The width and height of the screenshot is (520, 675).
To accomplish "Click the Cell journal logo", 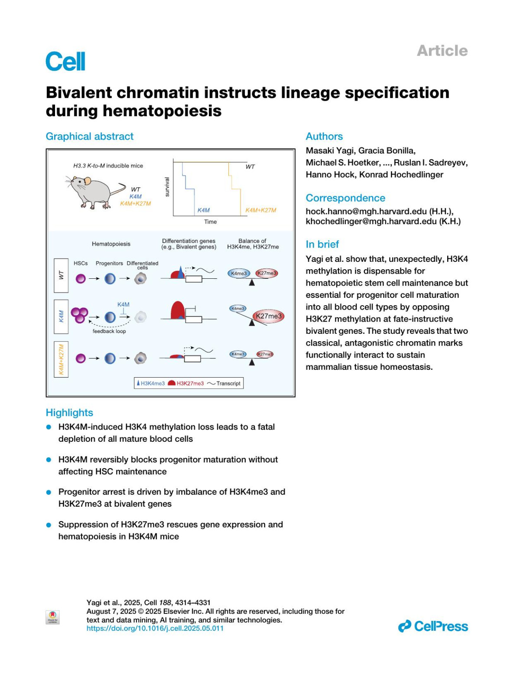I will click(65, 61).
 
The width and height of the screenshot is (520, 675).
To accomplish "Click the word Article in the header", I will click(442, 51).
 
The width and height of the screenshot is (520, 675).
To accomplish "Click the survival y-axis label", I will click(167, 187).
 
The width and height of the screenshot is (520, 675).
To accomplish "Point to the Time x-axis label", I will click(210, 222).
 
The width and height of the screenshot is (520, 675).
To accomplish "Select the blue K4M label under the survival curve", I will click(203, 210).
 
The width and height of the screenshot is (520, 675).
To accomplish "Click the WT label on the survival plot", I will click(250, 166).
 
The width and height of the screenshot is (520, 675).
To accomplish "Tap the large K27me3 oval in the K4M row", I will click(269, 316).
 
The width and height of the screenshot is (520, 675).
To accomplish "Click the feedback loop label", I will click(109, 331).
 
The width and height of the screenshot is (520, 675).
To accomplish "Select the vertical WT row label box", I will click(61, 274).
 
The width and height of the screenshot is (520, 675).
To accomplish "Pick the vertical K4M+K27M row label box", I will click(61, 359).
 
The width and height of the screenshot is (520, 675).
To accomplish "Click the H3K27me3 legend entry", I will click(186, 383).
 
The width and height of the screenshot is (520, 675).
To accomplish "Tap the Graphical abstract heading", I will click(90, 137).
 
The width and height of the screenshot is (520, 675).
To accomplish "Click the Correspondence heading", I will click(345, 198).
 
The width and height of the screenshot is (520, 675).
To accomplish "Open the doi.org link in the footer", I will click(155, 628).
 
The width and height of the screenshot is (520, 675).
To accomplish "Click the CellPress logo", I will click(433, 626).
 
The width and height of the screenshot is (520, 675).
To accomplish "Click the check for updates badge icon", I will click(52, 617).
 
